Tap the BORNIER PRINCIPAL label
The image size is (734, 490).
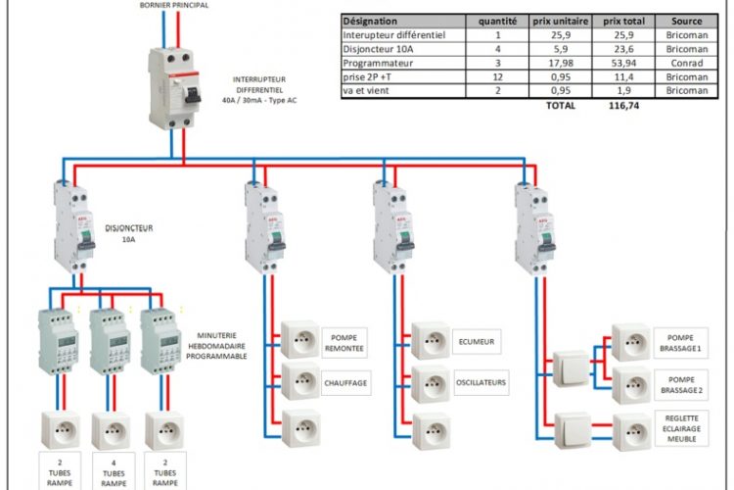coord(174,5)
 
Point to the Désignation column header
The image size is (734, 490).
coord(371,20)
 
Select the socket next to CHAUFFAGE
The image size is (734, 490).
coord(299,382)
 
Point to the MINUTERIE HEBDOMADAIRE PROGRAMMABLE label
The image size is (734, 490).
coord(221,346)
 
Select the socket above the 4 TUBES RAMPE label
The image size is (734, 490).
coord(111,429)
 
